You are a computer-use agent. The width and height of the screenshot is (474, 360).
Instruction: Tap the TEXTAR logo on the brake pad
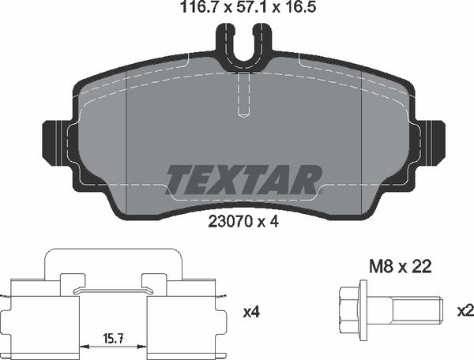click(x=243, y=178)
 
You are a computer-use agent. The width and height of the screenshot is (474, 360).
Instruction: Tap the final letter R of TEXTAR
click(x=308, y=178)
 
